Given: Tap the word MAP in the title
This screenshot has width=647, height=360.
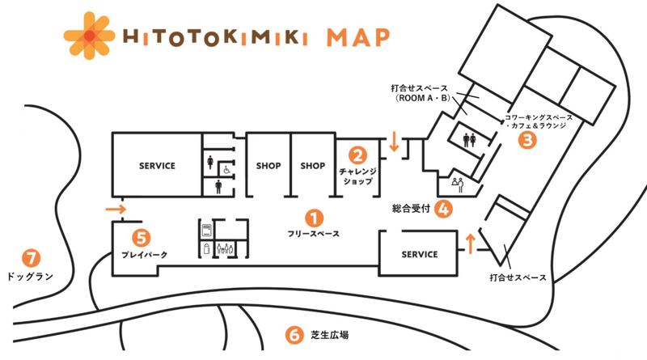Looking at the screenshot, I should (357, 38).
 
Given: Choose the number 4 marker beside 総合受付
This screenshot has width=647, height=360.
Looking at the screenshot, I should (443, 208).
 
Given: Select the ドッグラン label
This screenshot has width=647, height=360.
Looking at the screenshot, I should (29, 277).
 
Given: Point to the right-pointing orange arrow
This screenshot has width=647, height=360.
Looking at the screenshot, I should (116, 211).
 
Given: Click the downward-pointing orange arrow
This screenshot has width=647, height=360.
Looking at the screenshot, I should (394, 142).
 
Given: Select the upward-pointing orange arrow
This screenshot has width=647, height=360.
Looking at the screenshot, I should (469, 242).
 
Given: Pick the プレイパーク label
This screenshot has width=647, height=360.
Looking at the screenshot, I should (144, 256).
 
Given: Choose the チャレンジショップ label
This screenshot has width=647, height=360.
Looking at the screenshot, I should (356, 176).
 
